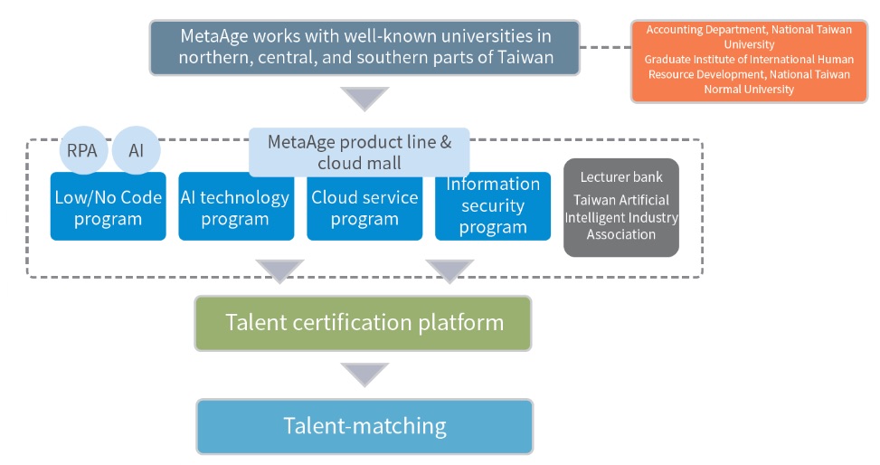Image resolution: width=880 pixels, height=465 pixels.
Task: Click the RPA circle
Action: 83,150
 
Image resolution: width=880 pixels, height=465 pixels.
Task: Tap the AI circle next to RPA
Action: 137,150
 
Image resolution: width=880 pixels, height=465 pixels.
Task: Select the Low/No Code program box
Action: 109,206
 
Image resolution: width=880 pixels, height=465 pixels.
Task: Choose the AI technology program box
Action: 236,206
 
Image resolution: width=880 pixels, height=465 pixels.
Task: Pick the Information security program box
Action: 493,206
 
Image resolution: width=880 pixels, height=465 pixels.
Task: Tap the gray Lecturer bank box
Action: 621,207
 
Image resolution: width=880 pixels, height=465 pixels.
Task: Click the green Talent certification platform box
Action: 363,324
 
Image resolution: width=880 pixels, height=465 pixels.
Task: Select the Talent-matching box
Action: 364,426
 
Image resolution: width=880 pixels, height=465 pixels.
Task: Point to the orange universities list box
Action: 749,62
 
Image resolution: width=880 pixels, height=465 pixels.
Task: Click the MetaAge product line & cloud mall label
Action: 359,152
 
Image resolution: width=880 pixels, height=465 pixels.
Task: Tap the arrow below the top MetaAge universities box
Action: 364,99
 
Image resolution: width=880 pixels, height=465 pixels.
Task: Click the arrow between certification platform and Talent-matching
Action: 364,375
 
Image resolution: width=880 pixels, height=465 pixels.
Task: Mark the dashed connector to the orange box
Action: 606,47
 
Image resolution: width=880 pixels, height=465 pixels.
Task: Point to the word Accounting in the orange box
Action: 672,30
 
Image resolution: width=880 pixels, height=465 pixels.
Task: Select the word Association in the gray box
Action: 621,234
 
